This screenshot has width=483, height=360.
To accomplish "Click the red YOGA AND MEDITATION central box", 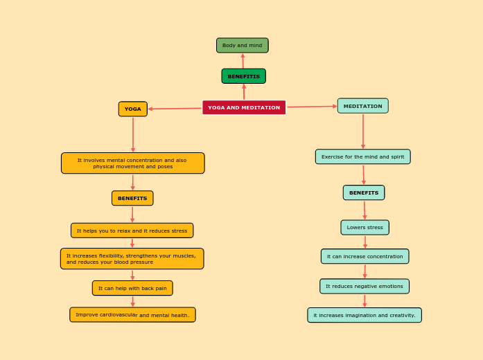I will (244, 107).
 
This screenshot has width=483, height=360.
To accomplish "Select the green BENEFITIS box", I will (243, 76).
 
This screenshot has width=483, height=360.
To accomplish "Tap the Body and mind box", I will (242, 46).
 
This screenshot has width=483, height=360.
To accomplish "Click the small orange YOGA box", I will (132, 109).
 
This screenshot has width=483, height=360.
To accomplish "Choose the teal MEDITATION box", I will (362, 106).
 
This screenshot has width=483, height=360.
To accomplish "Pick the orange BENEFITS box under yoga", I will (132, 198).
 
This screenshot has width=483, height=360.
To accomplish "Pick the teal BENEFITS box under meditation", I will (363, 192).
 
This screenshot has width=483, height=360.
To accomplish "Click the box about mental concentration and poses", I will (132, 163).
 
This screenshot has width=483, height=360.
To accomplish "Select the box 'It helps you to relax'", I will (132, 231).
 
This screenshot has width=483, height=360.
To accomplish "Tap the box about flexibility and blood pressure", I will (132, 259).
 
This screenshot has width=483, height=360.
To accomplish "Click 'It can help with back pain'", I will (132, 288).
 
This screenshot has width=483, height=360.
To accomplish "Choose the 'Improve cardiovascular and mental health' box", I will (132, 315).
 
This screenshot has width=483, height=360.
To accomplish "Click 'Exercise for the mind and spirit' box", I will (362, 156).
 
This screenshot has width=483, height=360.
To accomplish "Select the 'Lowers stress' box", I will (365, 227).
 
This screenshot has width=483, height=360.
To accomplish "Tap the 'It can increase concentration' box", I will (365, 256).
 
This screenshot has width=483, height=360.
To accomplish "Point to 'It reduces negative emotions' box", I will (365, 286).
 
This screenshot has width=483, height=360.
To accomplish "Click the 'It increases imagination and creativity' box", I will (365, 315).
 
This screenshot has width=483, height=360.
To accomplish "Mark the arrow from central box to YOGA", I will (175, 108).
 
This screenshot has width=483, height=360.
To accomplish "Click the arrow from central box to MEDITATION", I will (312, 107).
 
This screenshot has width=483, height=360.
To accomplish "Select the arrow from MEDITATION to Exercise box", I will (363, 132).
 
